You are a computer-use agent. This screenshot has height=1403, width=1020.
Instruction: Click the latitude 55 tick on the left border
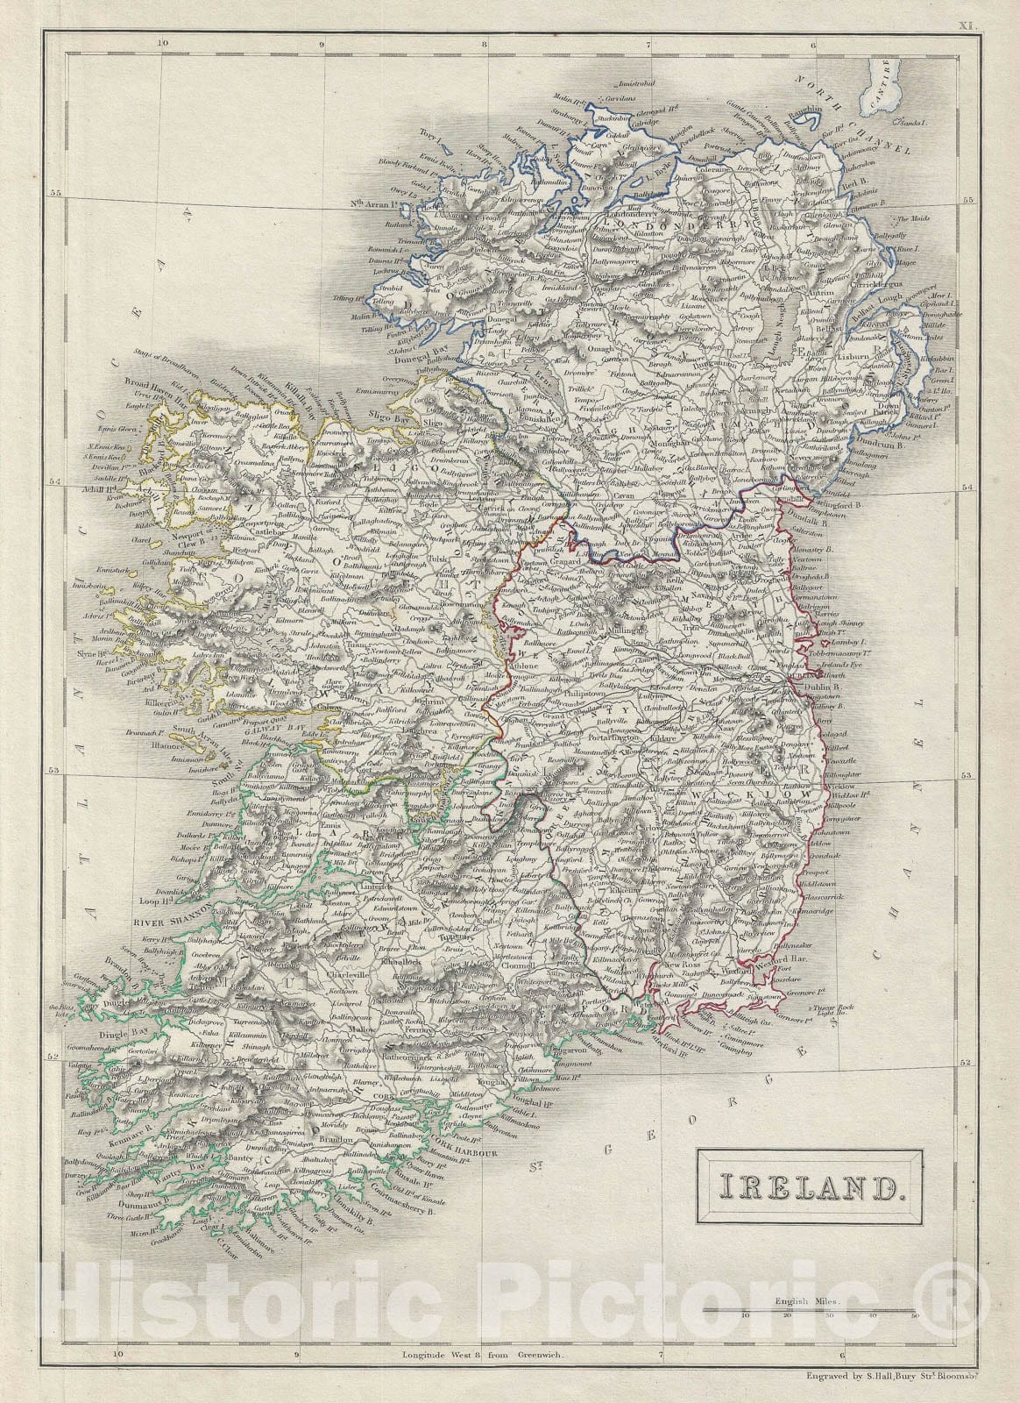point(56,194)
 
